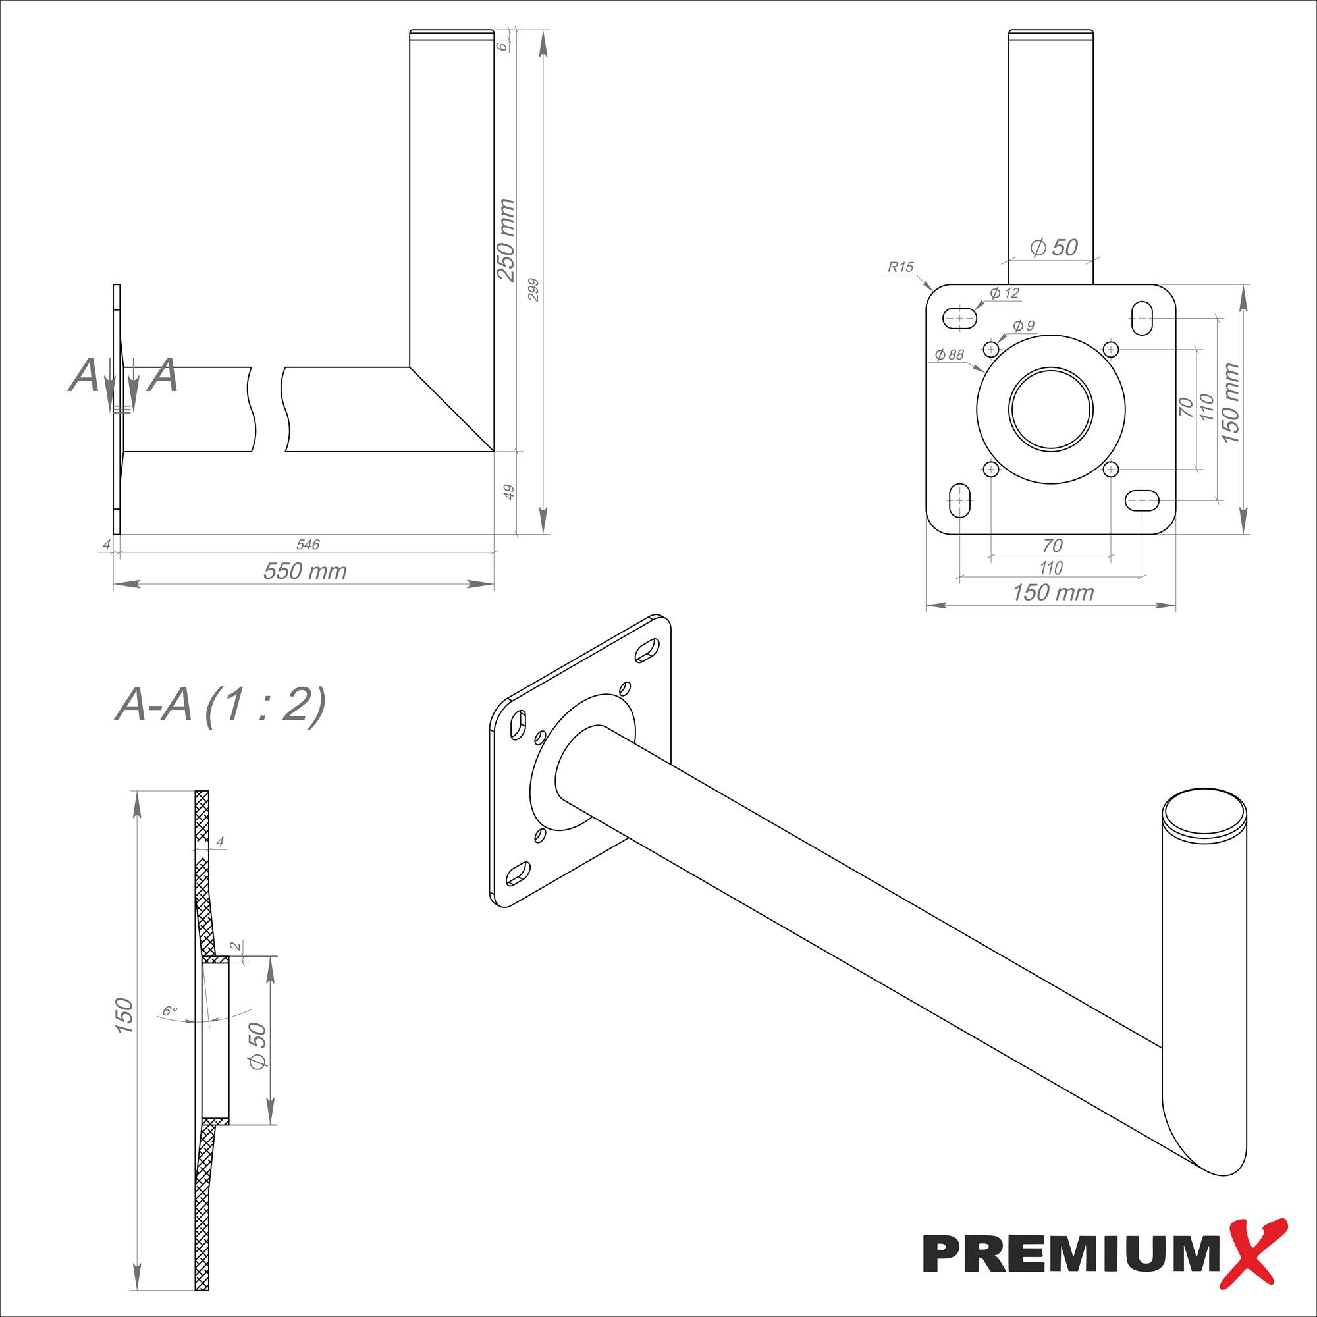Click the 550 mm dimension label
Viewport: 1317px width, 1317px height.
coord(305,571)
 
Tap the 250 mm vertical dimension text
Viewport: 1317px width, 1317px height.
coord(505,240)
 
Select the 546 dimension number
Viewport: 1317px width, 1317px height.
coord(308,545)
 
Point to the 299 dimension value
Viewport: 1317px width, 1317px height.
coord(534,290)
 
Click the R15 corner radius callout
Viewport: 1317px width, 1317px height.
coord(900,267)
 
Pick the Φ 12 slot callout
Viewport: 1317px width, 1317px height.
coord(1005,293)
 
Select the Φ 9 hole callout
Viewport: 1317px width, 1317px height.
coord(1024,325)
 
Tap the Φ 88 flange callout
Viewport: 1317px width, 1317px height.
coord(949,354)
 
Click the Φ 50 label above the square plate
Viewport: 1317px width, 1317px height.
coord(1054,248)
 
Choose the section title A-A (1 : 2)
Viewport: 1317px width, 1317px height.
coord(219,704)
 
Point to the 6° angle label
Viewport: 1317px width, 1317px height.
coord(170,1011)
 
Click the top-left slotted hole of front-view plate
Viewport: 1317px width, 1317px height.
coord(960,317)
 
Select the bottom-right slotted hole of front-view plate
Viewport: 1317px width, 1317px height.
coord(1142,501)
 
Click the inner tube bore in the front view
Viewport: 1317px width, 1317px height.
coord(1050,410)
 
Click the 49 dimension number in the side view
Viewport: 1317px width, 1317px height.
coord(508,492)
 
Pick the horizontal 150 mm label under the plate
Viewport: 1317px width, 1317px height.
coord(1052,593)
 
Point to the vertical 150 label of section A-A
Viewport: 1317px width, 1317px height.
coord(124,1015)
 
